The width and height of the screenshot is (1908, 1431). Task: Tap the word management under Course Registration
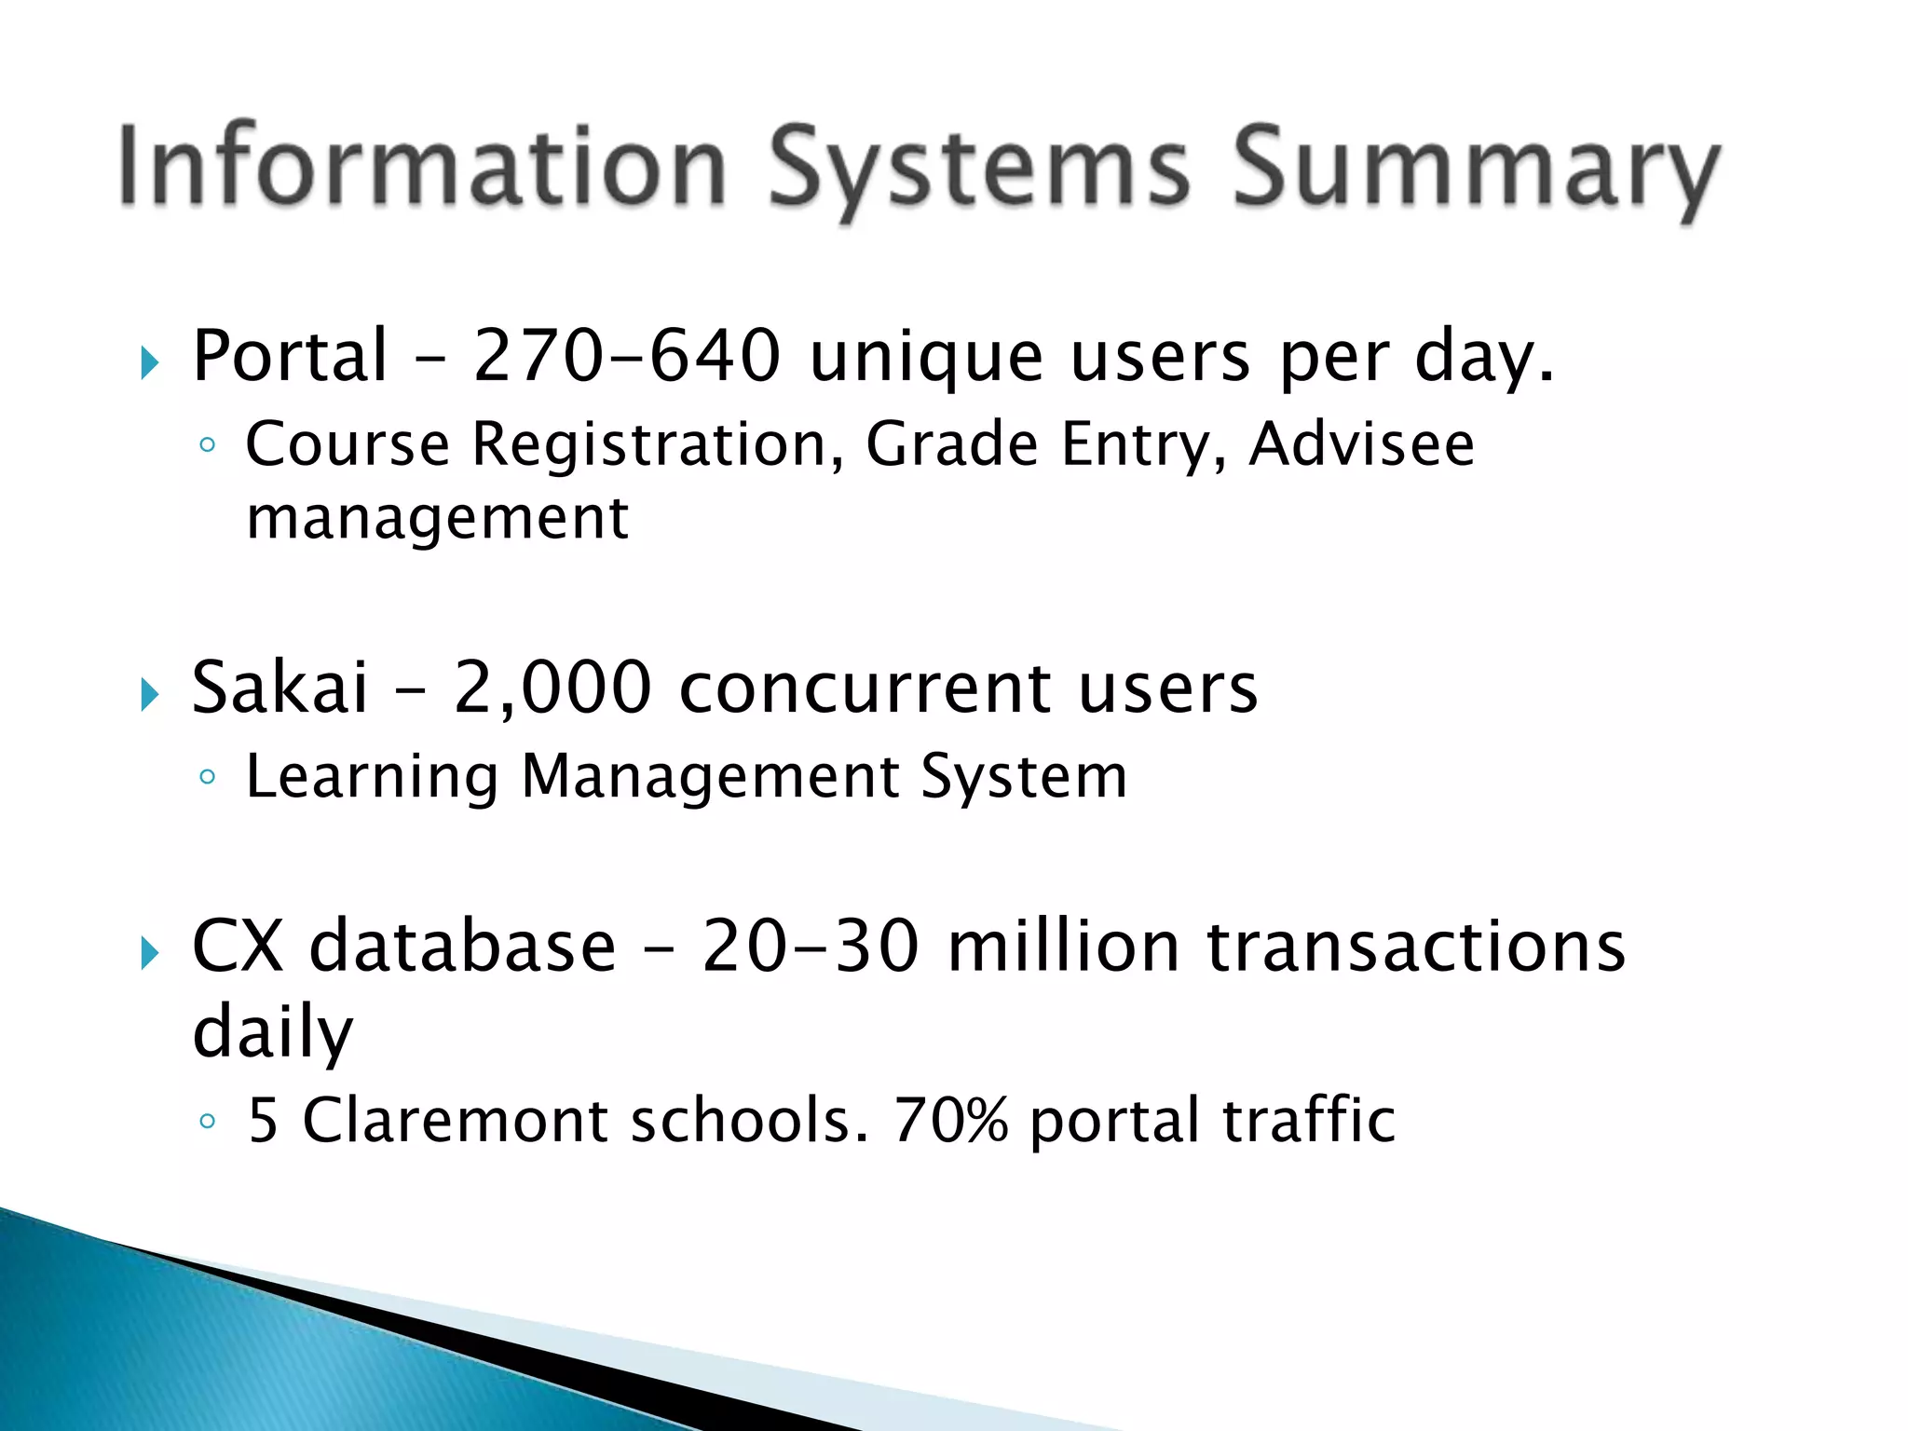point(437,518)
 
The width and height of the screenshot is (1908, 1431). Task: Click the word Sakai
point(279,688)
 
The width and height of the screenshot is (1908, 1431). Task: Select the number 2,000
point(552,688)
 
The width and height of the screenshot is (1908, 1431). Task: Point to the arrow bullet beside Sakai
point(149,694)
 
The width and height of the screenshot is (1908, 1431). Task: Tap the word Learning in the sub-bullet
point(372,776)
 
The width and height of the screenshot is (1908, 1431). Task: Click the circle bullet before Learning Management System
point(208,776)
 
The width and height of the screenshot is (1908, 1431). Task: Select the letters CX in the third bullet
point(238,947)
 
